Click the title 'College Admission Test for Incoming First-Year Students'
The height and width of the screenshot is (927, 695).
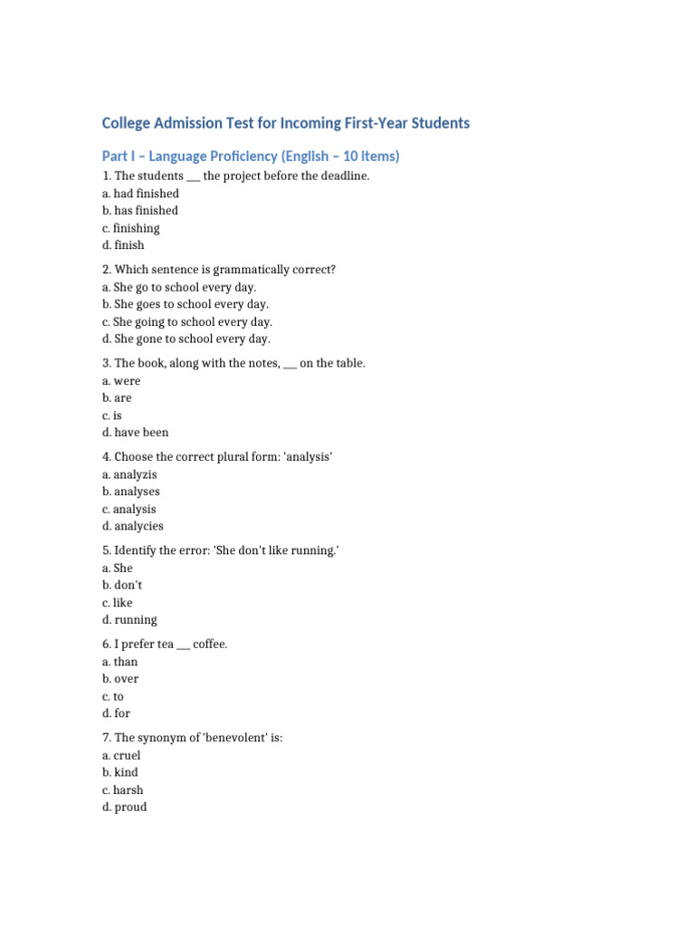[x=286, y=123]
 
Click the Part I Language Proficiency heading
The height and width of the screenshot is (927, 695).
[x=251, y=157]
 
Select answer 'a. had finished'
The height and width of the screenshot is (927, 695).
[x=140, y=194]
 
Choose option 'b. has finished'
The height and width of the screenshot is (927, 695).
[x=140, y=211]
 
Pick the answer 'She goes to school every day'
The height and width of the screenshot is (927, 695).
[x=186, y=305]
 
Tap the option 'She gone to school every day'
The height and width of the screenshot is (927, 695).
[x=186, y=339]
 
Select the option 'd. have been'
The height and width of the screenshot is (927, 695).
[x=135, y=433]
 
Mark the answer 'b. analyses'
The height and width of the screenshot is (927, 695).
[x=131, y=492]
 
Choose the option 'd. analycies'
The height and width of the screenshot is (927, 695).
[x=133, y=526]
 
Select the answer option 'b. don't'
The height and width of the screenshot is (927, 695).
[x=122, y=586]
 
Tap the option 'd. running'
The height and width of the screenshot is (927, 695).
[x=129, y=620]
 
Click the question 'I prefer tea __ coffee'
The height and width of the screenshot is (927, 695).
[x=171, y=645]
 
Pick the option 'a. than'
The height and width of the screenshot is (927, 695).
[x=120, y=663]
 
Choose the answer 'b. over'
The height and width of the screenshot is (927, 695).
[x=120, y=679]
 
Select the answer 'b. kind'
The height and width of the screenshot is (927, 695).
[x=120, y=773]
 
